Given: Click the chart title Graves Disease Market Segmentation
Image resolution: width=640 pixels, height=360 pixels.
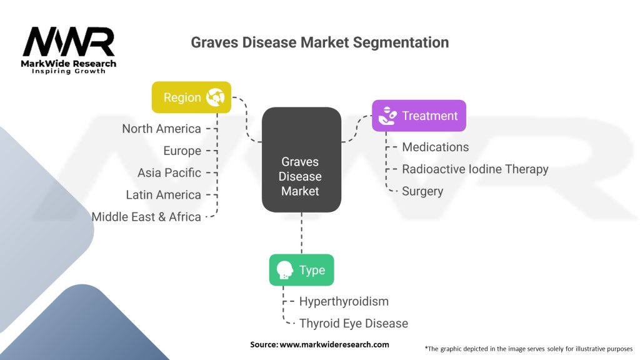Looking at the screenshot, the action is click(319, 42).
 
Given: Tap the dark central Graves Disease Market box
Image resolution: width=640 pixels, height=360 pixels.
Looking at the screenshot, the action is click(301, 159).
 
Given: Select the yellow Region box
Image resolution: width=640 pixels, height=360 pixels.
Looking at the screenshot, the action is click(191, 97).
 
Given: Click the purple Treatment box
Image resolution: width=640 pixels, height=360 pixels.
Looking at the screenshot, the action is click(419, 116).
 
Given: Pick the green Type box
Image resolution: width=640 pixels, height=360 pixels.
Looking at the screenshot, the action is click(301, 270).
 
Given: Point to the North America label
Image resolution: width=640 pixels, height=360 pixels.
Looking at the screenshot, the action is click(161, 129).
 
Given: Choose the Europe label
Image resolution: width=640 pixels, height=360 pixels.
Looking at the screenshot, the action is click(182, 151).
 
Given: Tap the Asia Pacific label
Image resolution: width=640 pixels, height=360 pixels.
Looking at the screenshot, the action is click(169, 172).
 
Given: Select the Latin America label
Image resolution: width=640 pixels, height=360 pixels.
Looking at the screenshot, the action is click(163, 195).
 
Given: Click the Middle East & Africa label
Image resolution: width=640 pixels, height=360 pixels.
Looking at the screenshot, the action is click(146, 217).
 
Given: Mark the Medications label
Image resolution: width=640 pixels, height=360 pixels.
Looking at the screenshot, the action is click(435, 147).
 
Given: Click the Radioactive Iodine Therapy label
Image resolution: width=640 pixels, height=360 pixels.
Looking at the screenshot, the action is click(475, 169).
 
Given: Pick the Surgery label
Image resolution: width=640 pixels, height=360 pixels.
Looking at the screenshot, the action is click(422, 191).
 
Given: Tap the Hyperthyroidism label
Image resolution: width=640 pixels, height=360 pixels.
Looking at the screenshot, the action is click(344, 301).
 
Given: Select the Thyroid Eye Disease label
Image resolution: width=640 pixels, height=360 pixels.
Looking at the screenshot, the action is click(353, 323).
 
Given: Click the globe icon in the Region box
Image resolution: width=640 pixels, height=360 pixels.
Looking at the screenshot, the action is click(217, 97).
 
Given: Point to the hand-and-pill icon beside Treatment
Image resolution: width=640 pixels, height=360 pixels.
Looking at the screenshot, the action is click(387, 116).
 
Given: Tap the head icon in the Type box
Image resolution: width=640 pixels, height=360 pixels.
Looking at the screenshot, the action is click(285, 270).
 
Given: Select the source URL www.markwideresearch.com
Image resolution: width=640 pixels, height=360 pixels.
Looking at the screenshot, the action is click(334, 344).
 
